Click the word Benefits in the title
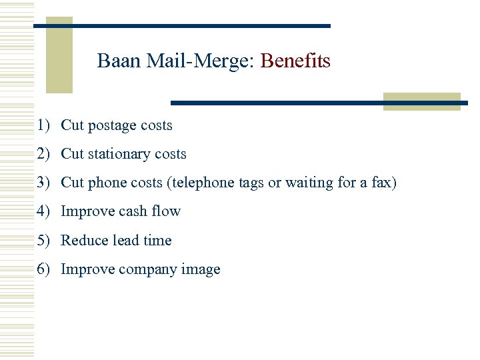coord(295,61)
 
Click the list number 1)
coord(44,125)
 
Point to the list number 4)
coord(44,211)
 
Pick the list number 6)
coord(44,269)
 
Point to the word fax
coord(384,183)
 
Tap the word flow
coord(166,211)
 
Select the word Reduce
coord(83,241)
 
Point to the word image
coord(200,270)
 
